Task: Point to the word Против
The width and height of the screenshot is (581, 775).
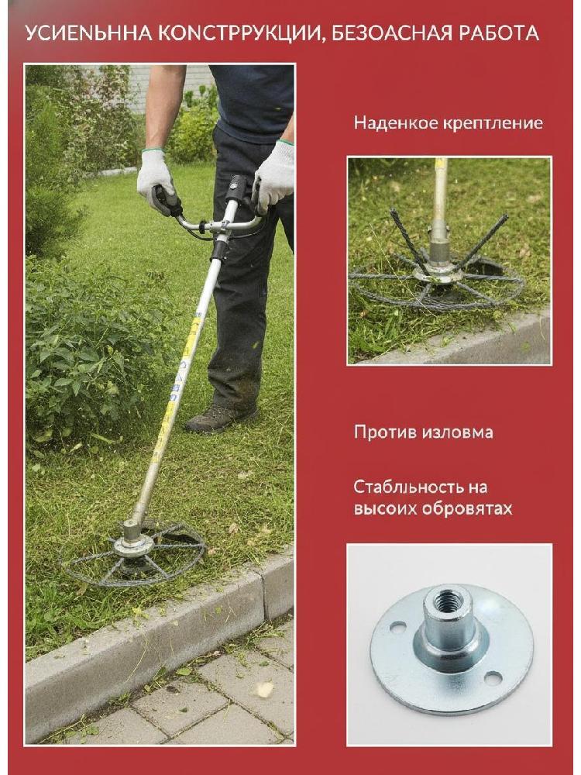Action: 386,432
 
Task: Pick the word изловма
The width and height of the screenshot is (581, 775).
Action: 458,432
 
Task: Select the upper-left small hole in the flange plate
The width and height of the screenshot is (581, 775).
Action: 397,628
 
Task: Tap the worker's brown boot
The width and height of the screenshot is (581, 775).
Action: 220,418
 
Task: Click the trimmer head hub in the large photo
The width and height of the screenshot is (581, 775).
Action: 133,545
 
